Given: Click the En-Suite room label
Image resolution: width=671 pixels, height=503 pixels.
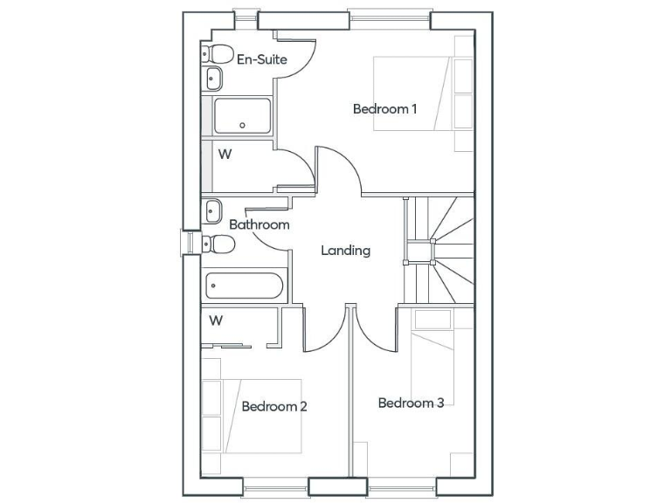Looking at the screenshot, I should pyautogui.click(x=261, y=60).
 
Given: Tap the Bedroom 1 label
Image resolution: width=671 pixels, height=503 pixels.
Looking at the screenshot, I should pyautogui.click(x=384, y=109).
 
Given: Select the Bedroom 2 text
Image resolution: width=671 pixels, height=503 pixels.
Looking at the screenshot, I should pyautogui.click(x=274, y=406).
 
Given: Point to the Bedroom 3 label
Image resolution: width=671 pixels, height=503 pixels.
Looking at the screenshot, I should pyautogui.click(x=411, y=403).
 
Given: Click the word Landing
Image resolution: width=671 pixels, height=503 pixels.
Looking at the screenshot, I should pyautogui.click(x=345, y=251).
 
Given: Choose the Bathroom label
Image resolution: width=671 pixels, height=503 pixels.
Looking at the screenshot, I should pyautogui.click(x=259, y=224).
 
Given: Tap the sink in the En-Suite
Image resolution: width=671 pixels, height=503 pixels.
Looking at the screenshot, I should pyautogui.click(x=213, y=79).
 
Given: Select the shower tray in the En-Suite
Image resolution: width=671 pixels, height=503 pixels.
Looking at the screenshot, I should pyautogui.click(x=242, y=116).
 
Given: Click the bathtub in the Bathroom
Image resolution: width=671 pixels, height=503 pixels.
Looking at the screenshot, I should pyautogui.click(x=244, y=286).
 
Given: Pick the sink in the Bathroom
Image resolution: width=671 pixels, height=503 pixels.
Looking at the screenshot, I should pyautogui.click(x=212, y=210).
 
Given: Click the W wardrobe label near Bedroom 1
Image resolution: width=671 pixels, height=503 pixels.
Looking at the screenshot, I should pyautogui.click(x=225, y=155).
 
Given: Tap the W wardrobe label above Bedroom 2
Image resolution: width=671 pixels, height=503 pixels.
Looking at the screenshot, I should pyautogui.click(x=216, y=320).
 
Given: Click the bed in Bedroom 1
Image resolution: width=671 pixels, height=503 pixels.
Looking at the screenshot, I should pyautogui.click(x=422, y=94).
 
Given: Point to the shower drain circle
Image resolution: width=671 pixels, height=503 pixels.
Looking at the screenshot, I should pyautogui.click(x=243, y=125).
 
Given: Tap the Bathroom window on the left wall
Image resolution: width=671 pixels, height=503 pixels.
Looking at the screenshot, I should pyautogui.click(x=187, y=243).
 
